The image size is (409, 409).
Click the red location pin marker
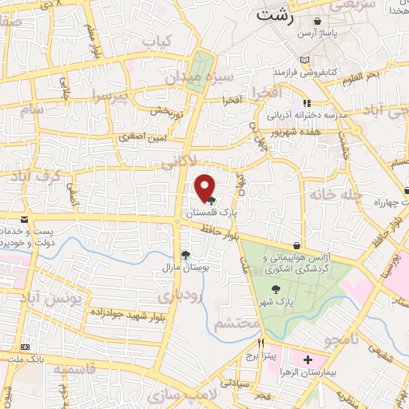click(x=205, y=187)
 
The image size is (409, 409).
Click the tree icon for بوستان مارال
click(x=186, y=255)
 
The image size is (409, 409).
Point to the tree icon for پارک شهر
click(x=276, y=291)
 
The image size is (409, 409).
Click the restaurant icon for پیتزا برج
click(x=260, y=343)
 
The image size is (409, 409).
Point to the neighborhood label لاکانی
click(x=177, y=165)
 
